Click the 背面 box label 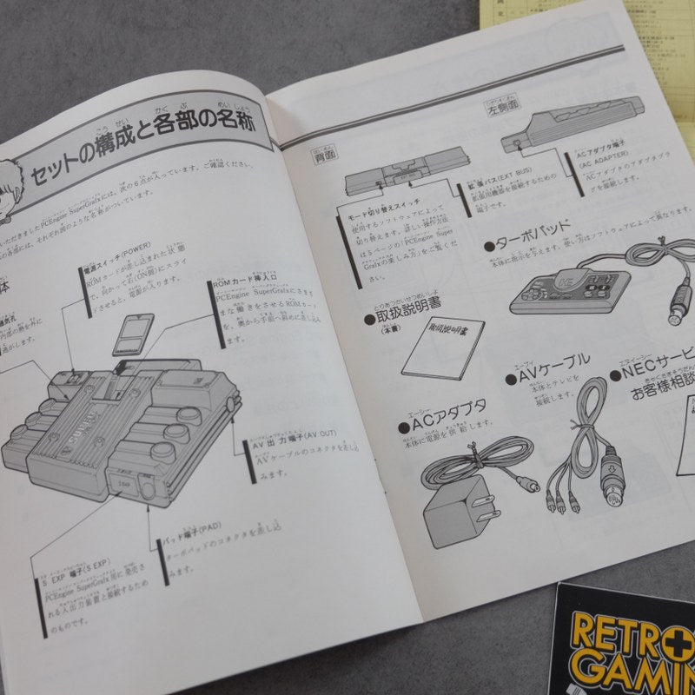pyautogui.click(x=323, y=158)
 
